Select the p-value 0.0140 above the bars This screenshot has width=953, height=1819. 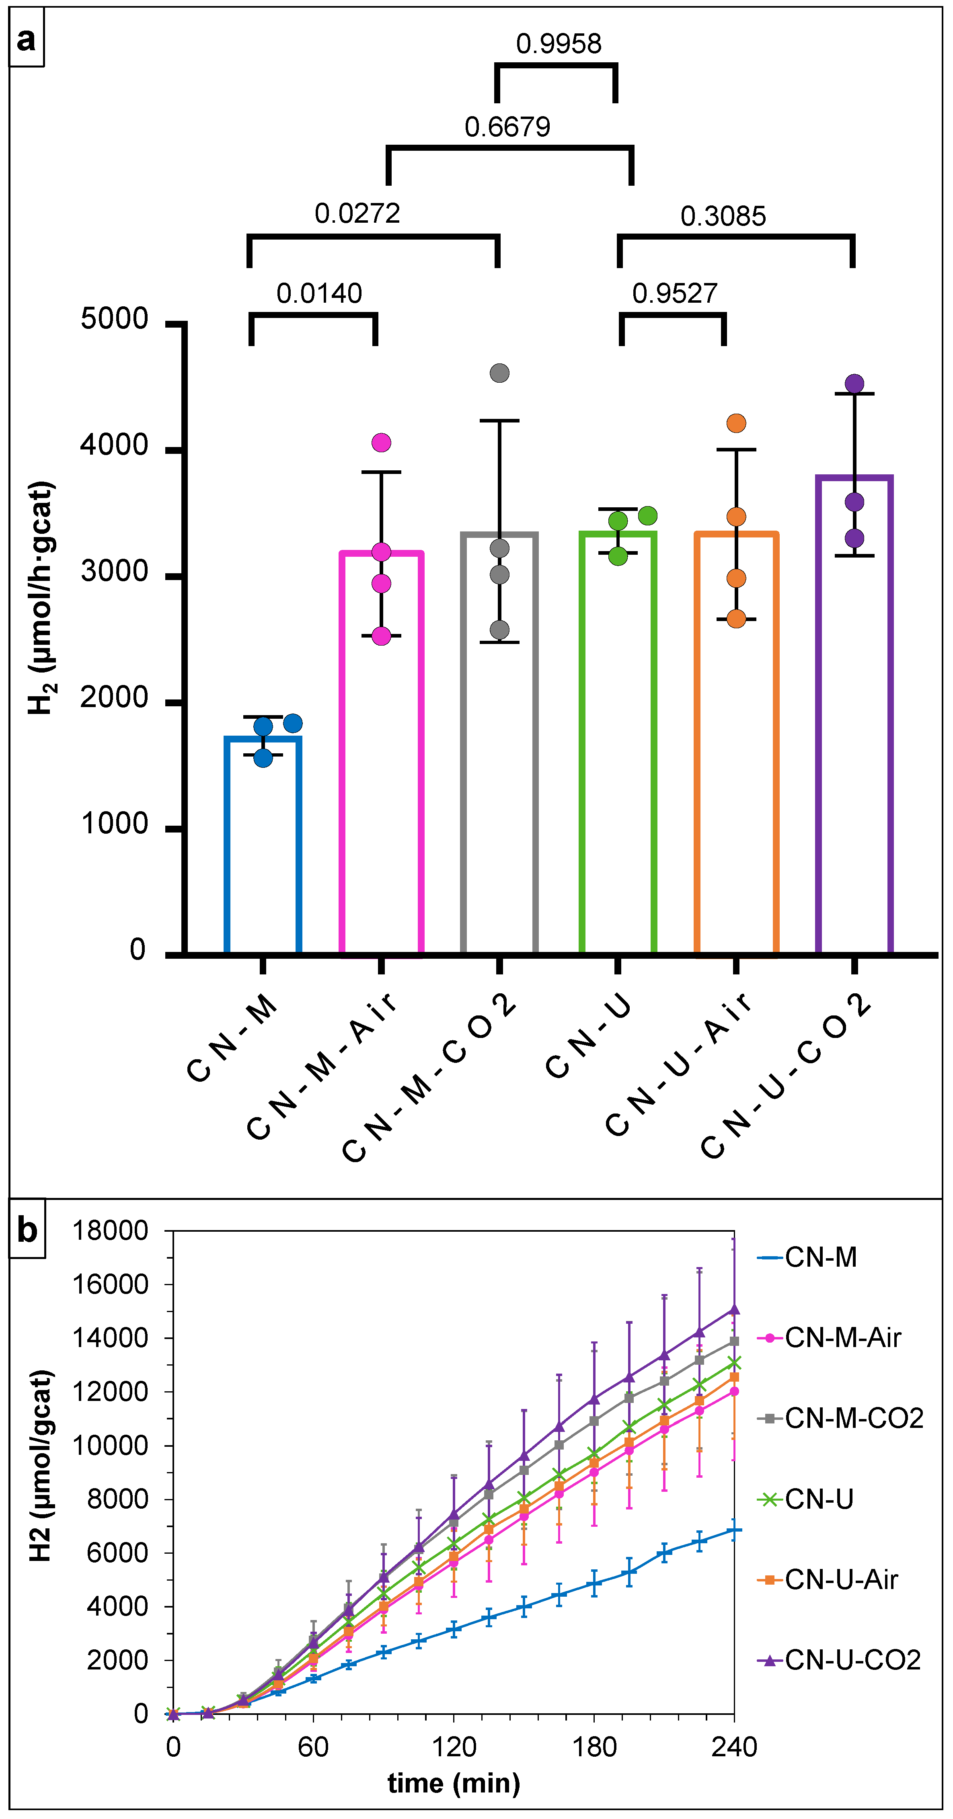pyautogui.click(x=319, y=293)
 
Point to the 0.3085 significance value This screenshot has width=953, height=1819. pyautogui.click(x=723, y=216)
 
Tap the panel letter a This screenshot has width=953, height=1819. pyautogui.click(x=26, y=39)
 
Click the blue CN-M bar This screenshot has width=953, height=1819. pyautogui.click(x=263, y=847)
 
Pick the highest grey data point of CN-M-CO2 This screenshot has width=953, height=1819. pyautogui.click(x=499, y=373)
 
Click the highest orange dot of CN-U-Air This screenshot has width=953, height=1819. pyautogui.click(x=736, y=423)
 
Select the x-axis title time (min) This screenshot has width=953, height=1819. pyautogui.click(x=454, y=1783)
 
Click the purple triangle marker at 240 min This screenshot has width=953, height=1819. pyautogui.click(x=734, y=1309)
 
